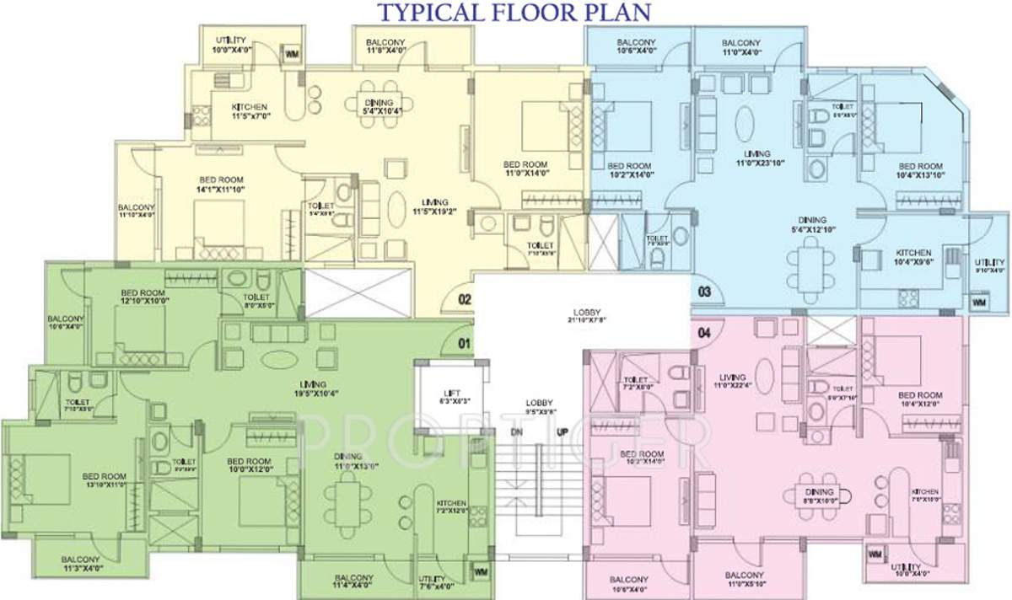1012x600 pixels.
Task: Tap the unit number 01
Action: [463, 343]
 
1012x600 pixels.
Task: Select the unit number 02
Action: [463, 298]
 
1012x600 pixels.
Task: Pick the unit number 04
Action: [705, 332]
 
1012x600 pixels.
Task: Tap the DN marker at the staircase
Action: [516, 432]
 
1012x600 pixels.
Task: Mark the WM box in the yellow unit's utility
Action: [292, 55]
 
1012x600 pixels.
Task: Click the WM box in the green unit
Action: [481, 572]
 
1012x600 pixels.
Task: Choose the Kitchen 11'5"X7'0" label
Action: [250, 112]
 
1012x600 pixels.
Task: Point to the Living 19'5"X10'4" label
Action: [316, 388]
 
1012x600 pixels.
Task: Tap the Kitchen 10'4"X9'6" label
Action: [913, 257]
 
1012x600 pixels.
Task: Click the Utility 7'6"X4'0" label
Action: [436, 582]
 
